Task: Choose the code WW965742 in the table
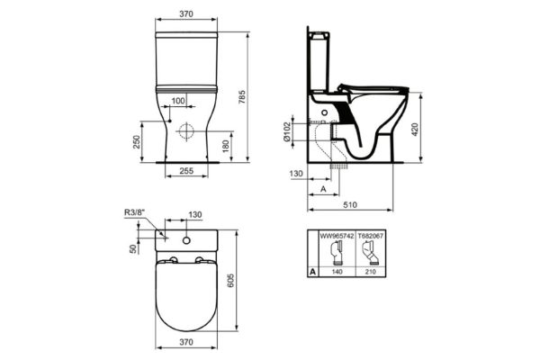(x=336, y=236)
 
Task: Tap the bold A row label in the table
(x=312, y=269)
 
